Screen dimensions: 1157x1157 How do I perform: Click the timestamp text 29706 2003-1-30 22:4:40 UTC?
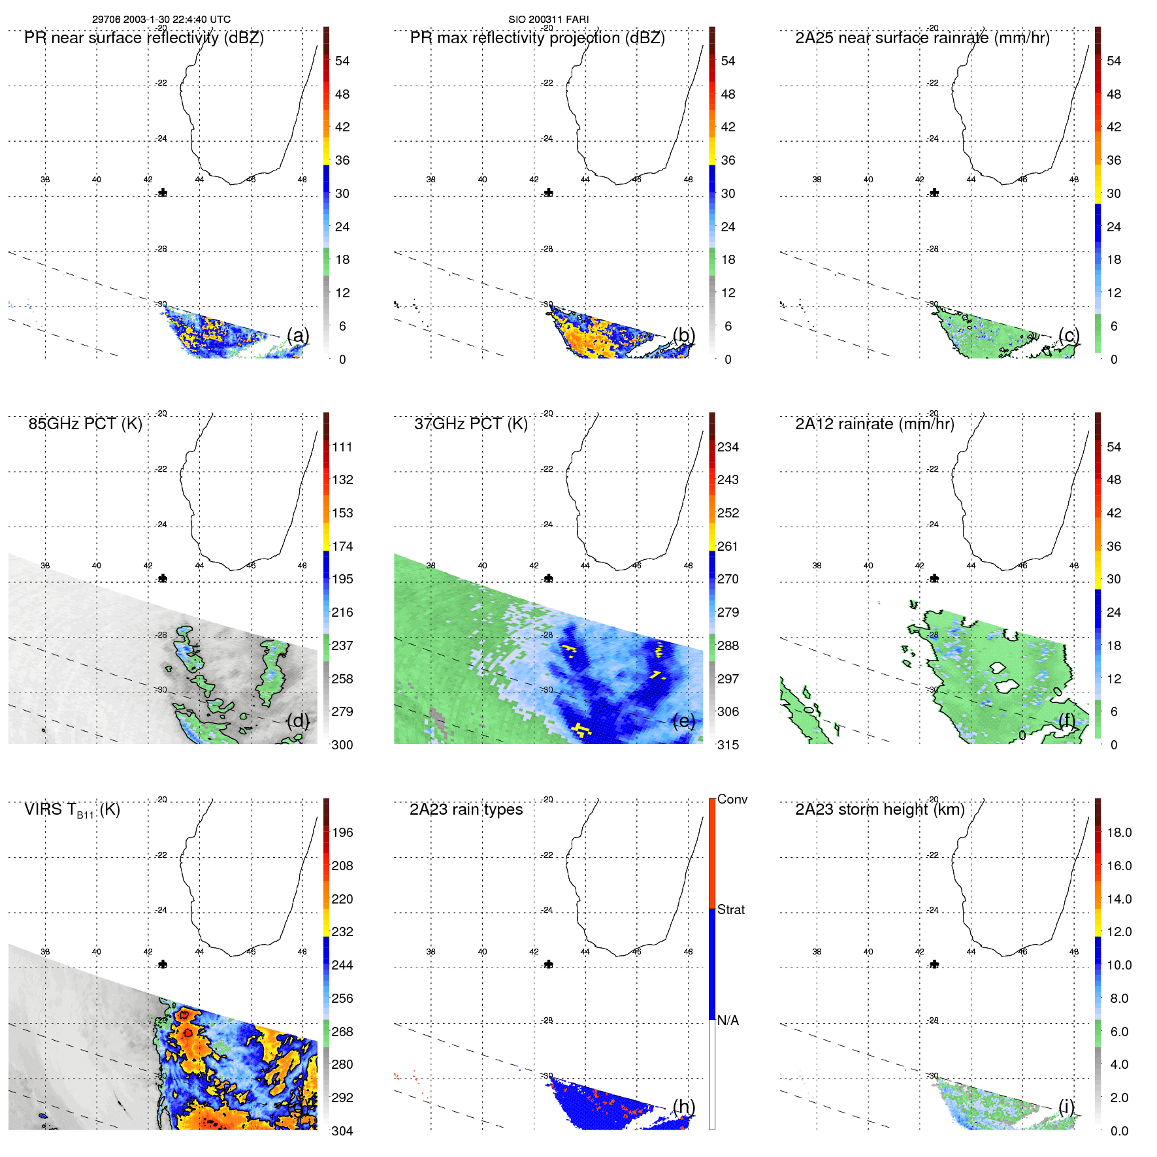[161, 20]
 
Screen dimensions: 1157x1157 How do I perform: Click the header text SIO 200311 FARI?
[548, 20]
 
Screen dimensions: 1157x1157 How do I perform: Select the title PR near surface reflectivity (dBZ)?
[144, 38]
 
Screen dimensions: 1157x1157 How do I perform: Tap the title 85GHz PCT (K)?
[85, 424]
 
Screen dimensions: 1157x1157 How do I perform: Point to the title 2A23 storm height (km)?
[879, 809]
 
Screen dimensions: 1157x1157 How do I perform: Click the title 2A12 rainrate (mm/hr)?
[874, 424]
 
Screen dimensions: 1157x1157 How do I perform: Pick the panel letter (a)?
[298, 335]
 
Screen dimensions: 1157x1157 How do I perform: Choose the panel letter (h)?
[683, 1106]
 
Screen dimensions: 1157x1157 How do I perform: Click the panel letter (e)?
[683, 721]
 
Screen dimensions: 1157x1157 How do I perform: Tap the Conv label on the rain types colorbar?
[732, 799]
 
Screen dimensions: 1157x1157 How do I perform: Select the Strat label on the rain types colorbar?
[730, 909]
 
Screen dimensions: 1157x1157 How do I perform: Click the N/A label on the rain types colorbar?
[728, 1020]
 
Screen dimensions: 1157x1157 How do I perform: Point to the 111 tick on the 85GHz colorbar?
[342, 447]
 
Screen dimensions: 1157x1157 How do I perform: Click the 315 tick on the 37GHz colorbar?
[728, 745]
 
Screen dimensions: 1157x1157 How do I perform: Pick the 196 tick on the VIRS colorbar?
[342, 832]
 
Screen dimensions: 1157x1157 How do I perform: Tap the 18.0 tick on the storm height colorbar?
[1118, 832]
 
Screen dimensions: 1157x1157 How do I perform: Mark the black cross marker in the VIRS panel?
[163, 964]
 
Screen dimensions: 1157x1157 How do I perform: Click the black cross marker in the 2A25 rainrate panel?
[934, 193]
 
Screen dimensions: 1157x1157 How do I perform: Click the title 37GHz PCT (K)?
[470, 424]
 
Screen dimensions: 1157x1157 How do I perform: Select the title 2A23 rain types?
[466, 809]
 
